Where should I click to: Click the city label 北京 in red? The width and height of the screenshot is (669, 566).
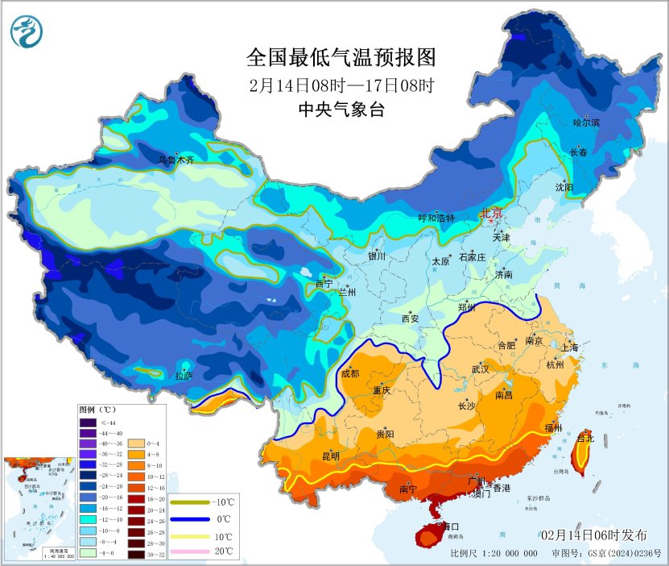(x=490, y=213)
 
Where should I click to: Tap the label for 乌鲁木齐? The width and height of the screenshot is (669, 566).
(x=176, y=160)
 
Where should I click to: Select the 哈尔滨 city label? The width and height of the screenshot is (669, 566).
(x=586, y=123)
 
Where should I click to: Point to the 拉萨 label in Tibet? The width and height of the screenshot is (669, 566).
(x=184, y=375)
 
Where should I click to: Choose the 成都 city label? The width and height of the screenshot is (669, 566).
(x=350, y=372)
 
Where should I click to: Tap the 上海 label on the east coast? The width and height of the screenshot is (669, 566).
(x=570, y=347)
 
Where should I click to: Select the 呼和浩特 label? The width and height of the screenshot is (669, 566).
(x=436, y=218)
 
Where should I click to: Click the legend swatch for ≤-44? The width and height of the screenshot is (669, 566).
(x=87, y=422)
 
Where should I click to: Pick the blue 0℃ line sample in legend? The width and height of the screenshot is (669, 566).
(x=186, y=518)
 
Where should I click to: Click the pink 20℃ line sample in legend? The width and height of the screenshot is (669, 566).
(x=186, y=551)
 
